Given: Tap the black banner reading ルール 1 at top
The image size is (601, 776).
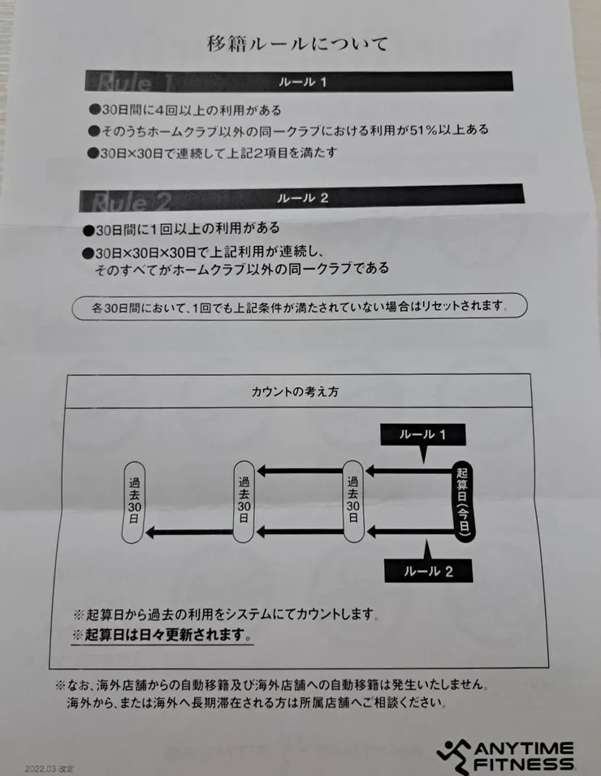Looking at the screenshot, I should click(300, 81).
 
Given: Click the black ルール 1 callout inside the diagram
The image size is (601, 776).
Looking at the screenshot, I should click(423, 435).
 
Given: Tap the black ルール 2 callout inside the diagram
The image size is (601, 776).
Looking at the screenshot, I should click(427, 571).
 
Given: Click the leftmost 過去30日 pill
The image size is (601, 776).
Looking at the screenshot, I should click(133, 504).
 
